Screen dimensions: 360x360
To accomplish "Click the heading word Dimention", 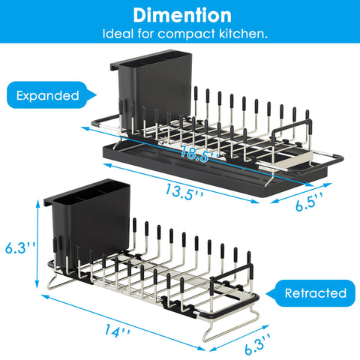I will (180, 15).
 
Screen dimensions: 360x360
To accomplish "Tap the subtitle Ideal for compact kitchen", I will (180, 34).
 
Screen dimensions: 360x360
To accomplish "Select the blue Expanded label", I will (46, 96).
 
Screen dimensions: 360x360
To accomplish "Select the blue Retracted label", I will (316, 292).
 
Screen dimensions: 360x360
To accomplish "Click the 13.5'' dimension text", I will (184, 193).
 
